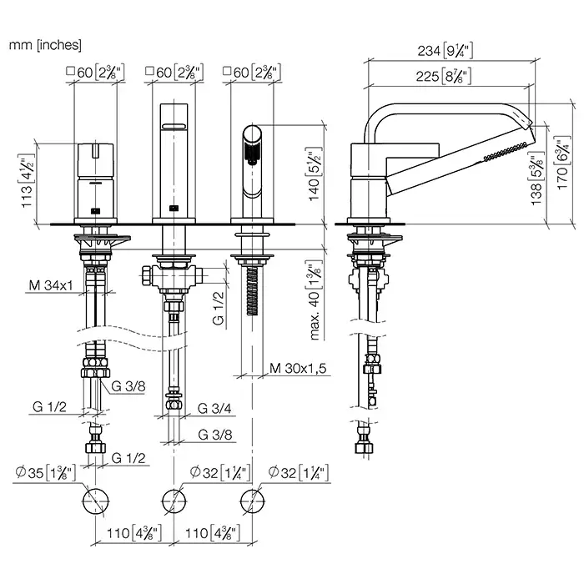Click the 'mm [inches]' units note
(45, 45)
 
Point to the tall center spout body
(174, 154)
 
